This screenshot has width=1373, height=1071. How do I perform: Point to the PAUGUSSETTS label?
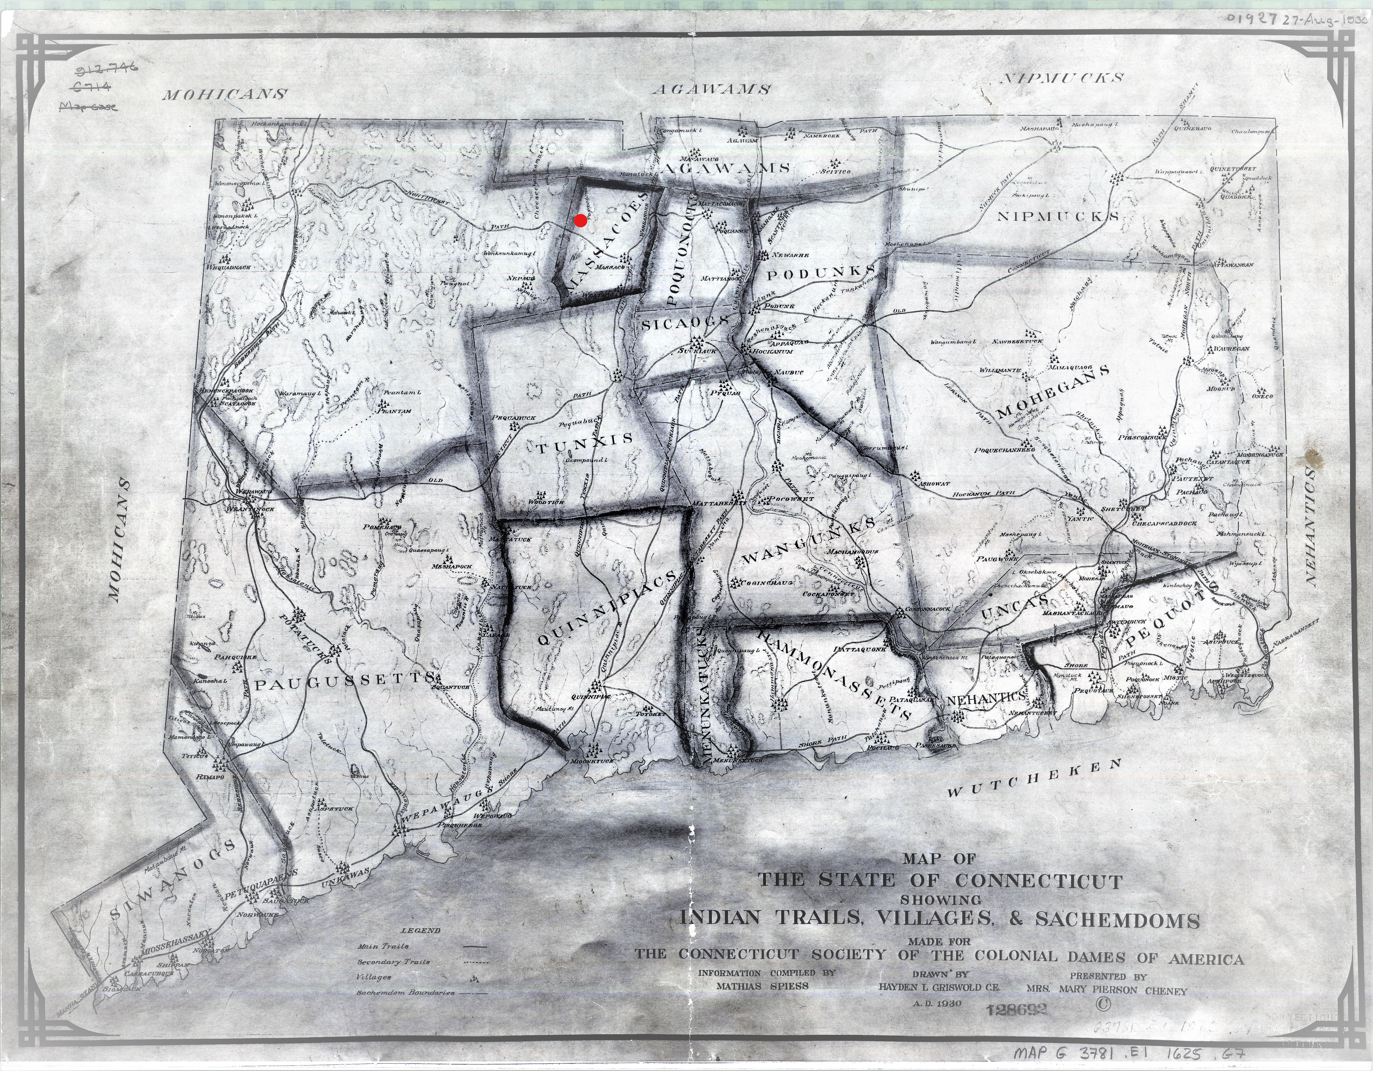pyautogui.click(x=346, y=682)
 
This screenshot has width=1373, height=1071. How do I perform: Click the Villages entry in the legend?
pyautogui.click(x=374, y=977)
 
